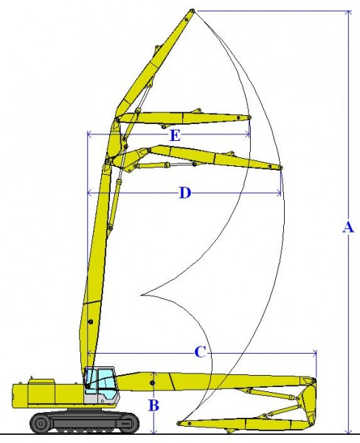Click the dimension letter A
tap(348, 227)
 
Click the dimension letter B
tap(153, 405)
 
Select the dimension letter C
tap(200, 352)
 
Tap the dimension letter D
tap(185, 193)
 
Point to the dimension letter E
tap(175, 136)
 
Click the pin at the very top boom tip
tap(192, 11)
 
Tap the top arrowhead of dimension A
tap(349, 13)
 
